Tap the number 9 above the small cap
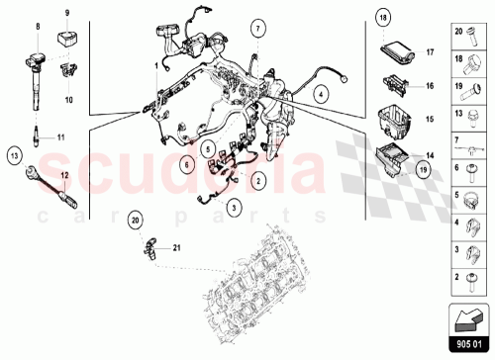pos(67,13)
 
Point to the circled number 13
pos(15,154)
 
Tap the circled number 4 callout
pos(322,93)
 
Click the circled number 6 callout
pos(187,161)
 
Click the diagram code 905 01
pos(470,345)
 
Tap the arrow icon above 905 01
pos(470,316)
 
